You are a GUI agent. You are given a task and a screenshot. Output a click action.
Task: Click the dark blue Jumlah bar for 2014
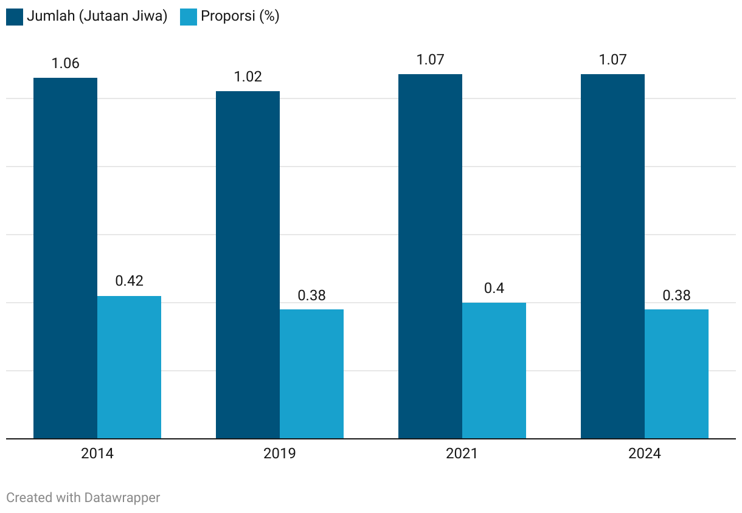(65, 258)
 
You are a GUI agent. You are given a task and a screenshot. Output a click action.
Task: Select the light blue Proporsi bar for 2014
(129, 367)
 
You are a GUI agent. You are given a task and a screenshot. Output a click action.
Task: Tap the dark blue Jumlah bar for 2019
(248, 264)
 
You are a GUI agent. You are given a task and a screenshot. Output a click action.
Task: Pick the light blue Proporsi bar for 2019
(311, 374)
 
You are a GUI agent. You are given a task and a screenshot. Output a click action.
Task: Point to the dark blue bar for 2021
(430, 256)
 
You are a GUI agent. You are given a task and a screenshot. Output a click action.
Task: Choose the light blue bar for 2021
(494, 370)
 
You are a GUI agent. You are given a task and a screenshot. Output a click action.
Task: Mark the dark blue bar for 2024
(612, 256)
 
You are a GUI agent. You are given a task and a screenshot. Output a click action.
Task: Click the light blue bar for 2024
(676, 374)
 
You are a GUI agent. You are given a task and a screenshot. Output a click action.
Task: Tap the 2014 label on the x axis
(97, 454)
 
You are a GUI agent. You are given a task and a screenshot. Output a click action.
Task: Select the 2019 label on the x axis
(280, 454)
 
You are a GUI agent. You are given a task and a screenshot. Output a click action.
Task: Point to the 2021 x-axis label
(462, 454)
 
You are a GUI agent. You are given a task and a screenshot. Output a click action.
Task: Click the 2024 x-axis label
(645, 454)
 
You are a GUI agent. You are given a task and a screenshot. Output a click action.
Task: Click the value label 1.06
(65, 63)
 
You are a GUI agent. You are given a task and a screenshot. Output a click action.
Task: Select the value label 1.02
(248, 77)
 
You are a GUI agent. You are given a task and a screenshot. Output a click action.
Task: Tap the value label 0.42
(129, 281)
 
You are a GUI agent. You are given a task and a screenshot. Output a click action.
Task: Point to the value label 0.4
(494, 288)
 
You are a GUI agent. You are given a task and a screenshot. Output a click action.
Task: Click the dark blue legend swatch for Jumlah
(15, 16)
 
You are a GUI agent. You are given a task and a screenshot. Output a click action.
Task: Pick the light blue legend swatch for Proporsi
(189, 16)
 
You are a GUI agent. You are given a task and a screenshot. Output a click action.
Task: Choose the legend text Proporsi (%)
(240, 16)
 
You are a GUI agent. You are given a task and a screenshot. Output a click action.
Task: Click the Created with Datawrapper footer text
(83, 497)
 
